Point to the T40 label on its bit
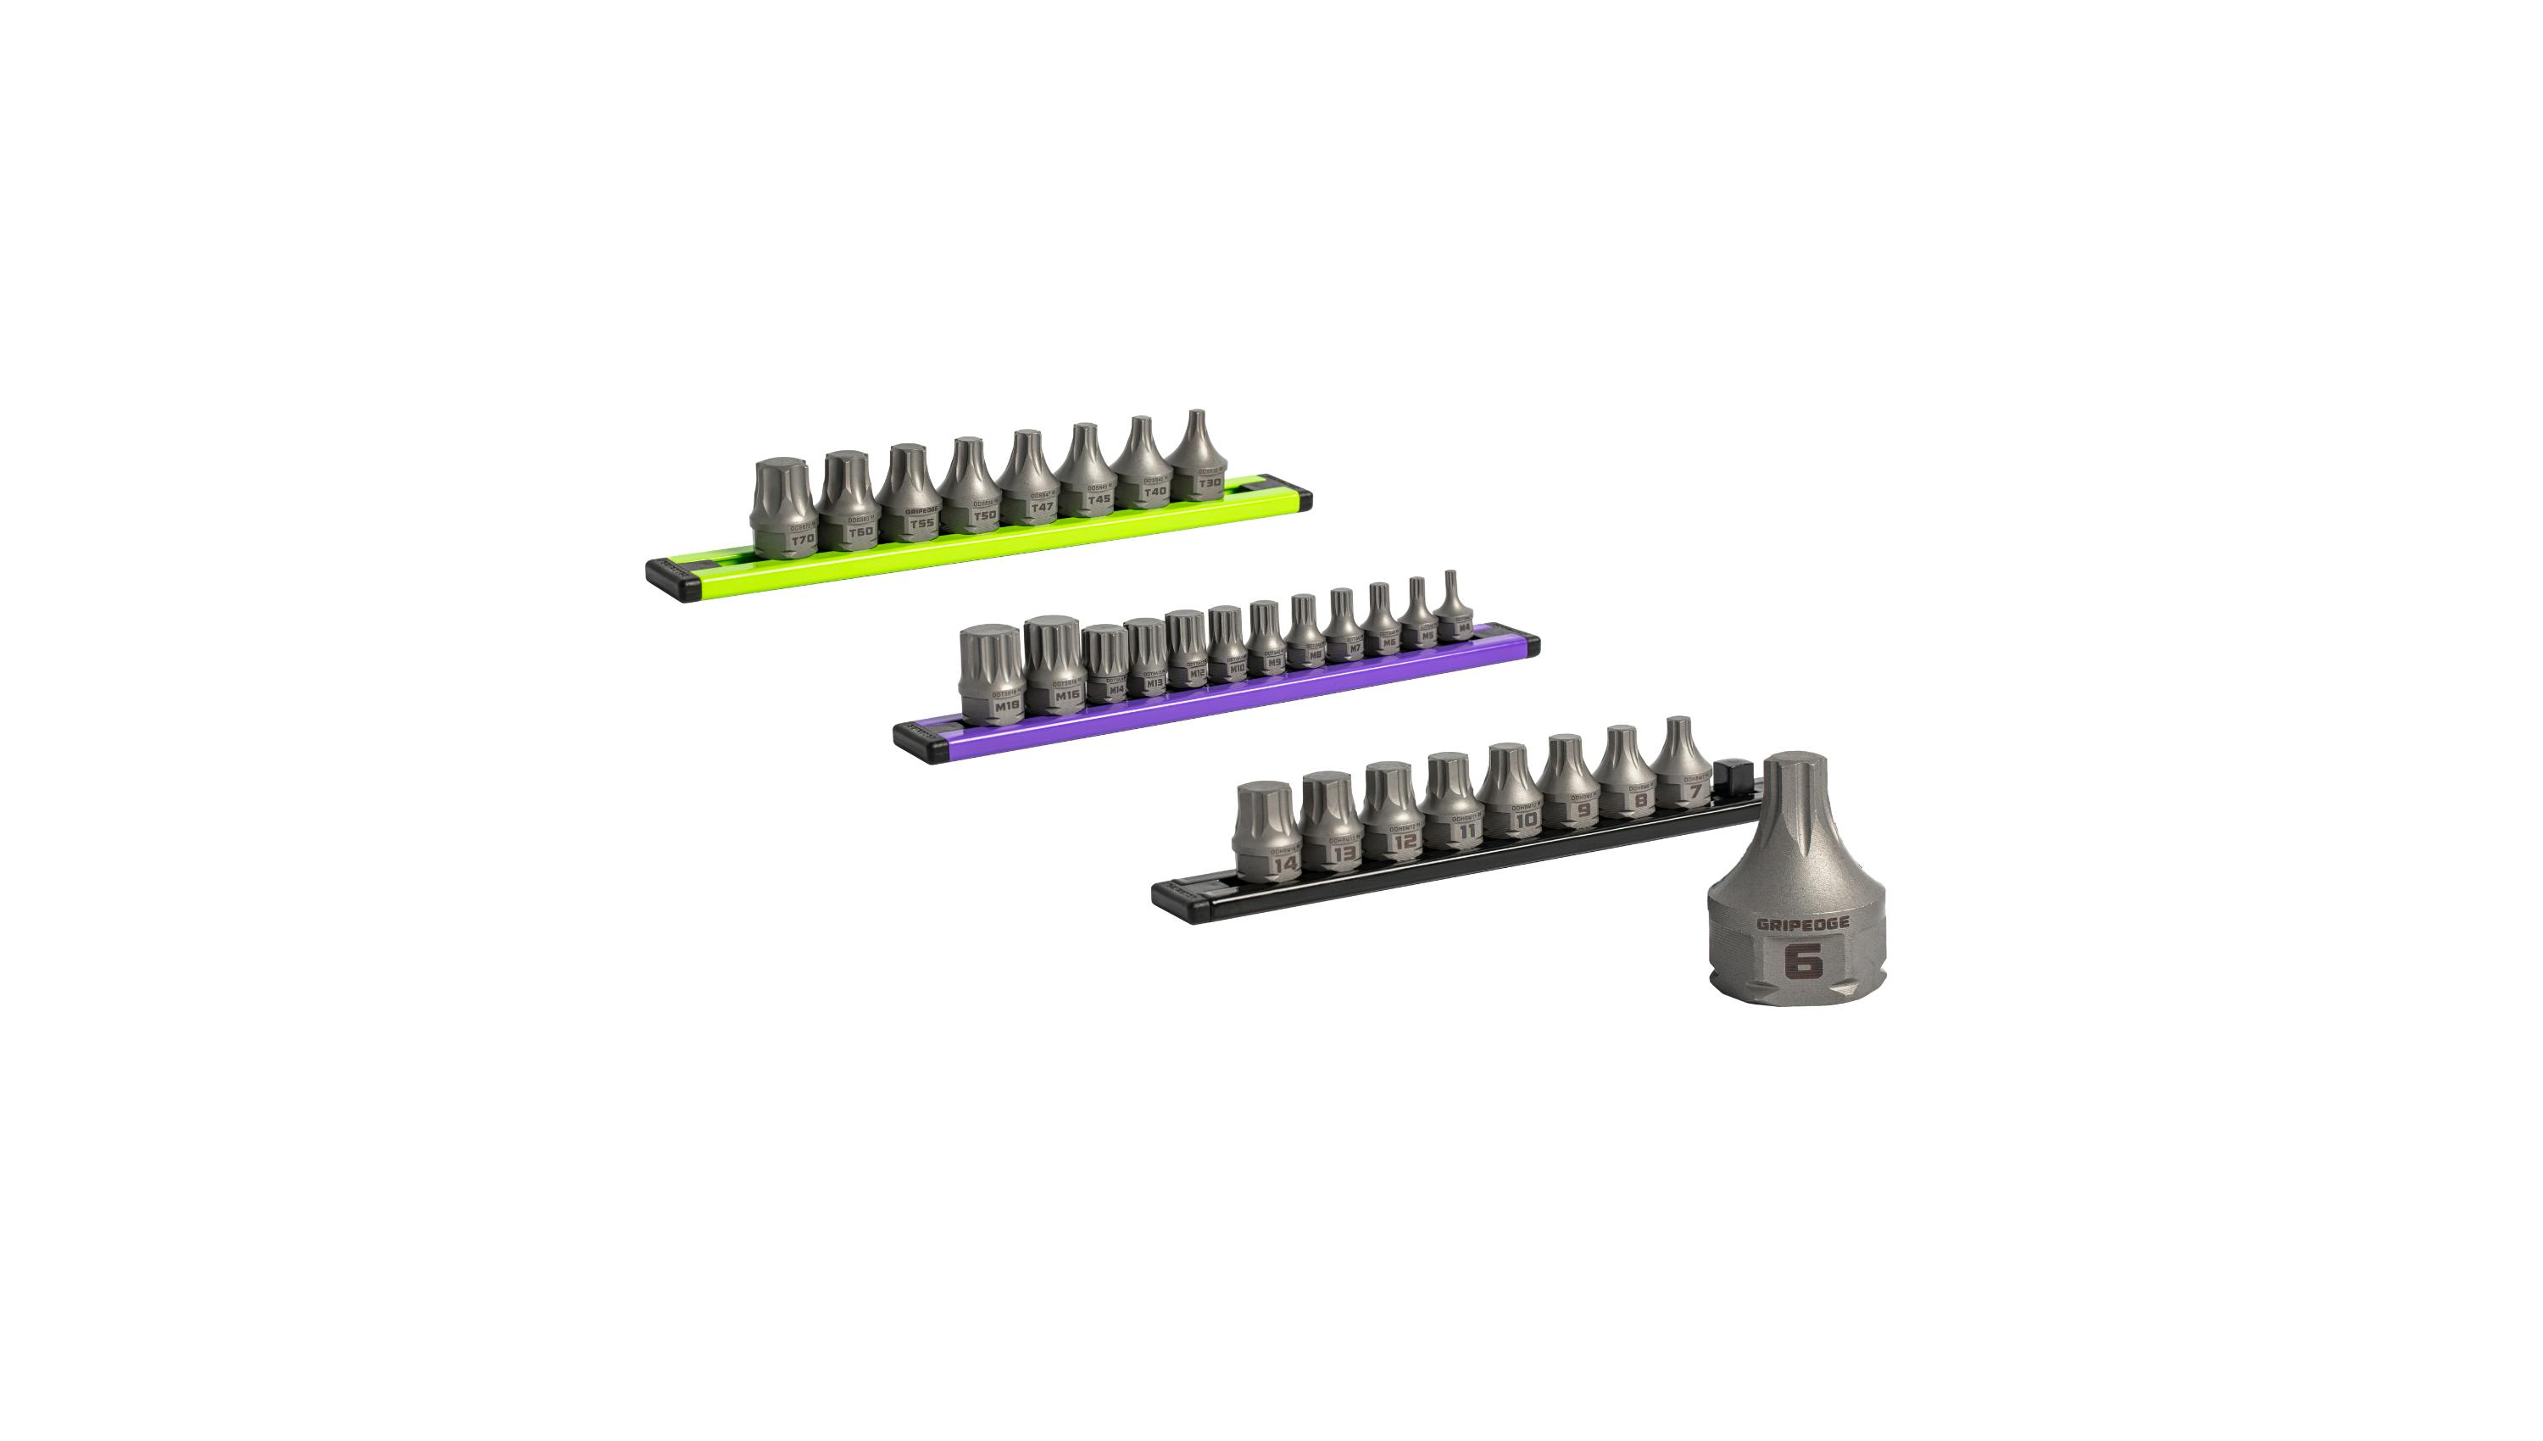coord(1155,491)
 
